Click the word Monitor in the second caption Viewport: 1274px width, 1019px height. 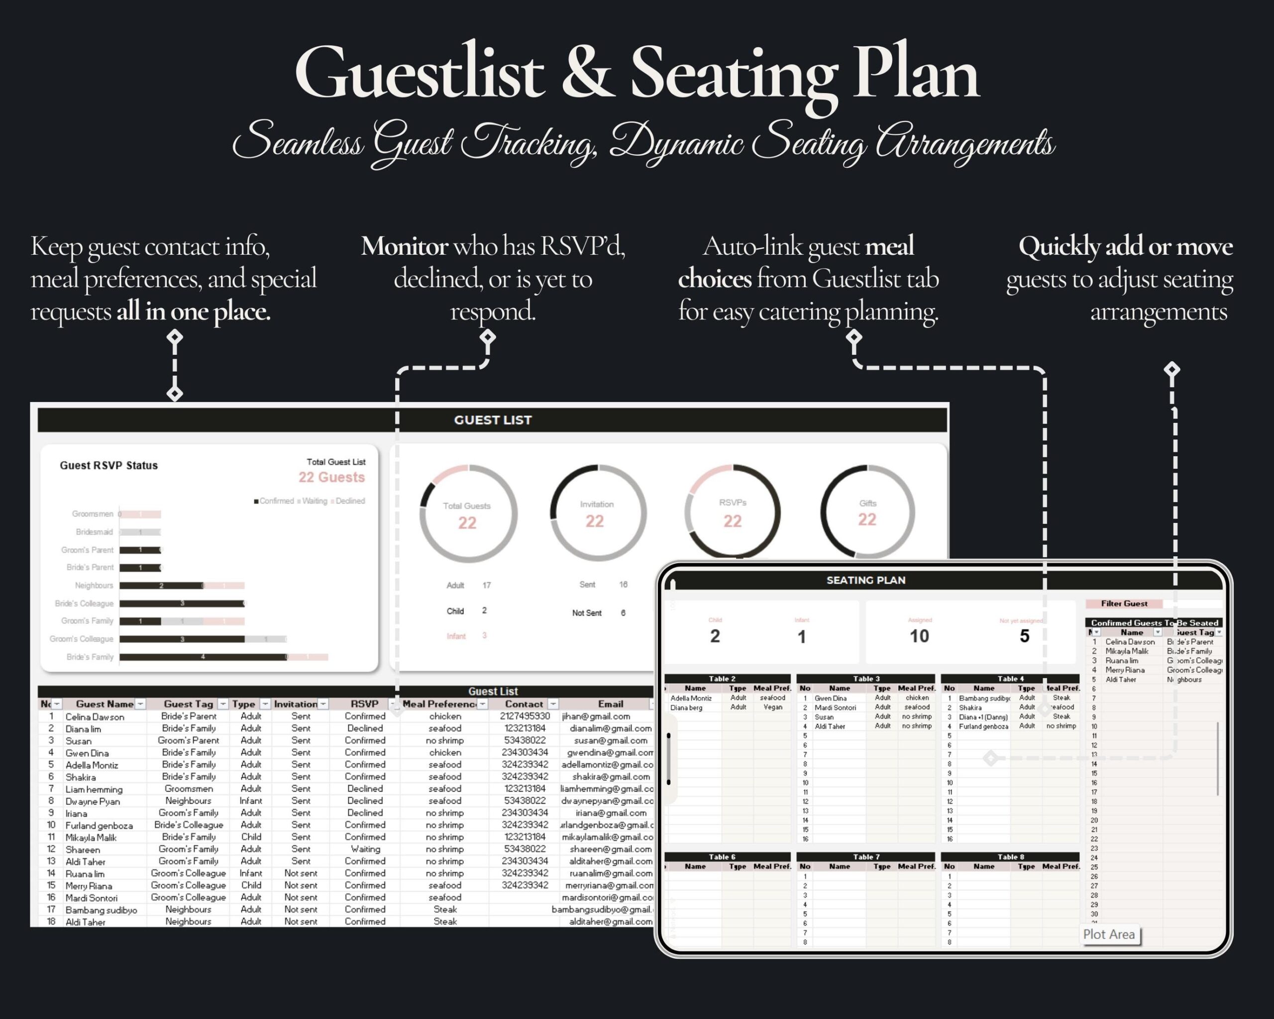[x=404, y=246]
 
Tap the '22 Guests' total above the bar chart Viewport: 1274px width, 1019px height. [x=331, y=477]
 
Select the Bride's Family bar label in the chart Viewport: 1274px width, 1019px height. [x=90, y=657]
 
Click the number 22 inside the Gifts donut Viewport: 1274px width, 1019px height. [x=867, y=520]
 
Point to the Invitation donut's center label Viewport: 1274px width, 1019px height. [x=596, y=505]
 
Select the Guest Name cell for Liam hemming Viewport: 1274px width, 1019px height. [x=94, y=789]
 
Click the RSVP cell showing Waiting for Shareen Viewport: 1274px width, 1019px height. [x=365, y=849]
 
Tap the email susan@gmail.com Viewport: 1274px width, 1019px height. [x=611, y=741]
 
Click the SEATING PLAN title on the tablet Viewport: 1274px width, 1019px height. [x=865, y=580]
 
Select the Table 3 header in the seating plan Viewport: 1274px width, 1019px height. [x=866, y=679]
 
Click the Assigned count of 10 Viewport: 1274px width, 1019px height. [x=919, y=636]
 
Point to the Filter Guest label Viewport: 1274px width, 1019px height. [x=1124, y=604]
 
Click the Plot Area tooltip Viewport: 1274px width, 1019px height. [x=1109, y=934]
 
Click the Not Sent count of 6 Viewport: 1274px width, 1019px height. [x=623, y=613]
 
